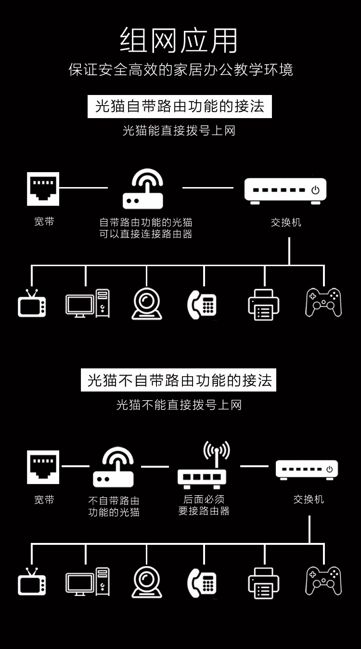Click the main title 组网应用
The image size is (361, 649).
[x=179, y=41]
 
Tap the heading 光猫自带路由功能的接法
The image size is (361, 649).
[x=180, y=106]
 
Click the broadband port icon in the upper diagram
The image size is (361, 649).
[x=43, y=189]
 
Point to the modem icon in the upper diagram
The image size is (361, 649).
[x=143, y=189]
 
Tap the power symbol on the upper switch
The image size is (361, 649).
[x=315, y=190]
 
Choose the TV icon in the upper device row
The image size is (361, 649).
[x=32, y=304]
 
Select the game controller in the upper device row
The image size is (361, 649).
[x=323, y=302]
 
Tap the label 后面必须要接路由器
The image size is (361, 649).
[x=204, y=505]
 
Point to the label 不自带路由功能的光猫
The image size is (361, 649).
[x=114, y=506]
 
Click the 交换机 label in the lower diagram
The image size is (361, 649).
[x=309, y=500]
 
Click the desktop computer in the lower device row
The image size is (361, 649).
[x=88, y=582]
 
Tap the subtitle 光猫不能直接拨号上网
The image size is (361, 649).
[x=179, y=405]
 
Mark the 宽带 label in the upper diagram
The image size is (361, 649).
[x=44, y=222]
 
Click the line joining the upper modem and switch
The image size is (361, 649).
[x=208, y=188]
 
